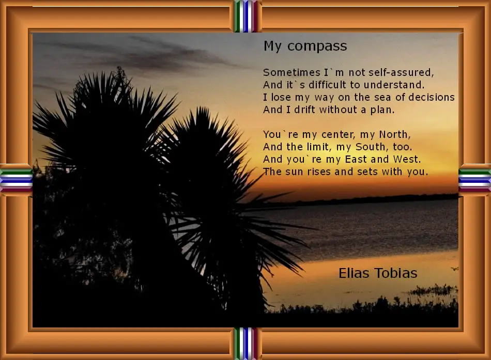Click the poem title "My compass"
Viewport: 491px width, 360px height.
tap(305, 46)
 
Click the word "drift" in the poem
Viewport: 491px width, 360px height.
tap(302, 109)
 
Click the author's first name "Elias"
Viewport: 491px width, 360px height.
tap(355, 273)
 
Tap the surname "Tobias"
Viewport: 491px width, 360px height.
tap(397, 273)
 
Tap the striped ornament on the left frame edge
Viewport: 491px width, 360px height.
tap(16, 180)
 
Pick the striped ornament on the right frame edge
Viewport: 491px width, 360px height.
tap(474, 180)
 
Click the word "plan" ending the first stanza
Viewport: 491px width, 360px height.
tap(381, 109)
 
